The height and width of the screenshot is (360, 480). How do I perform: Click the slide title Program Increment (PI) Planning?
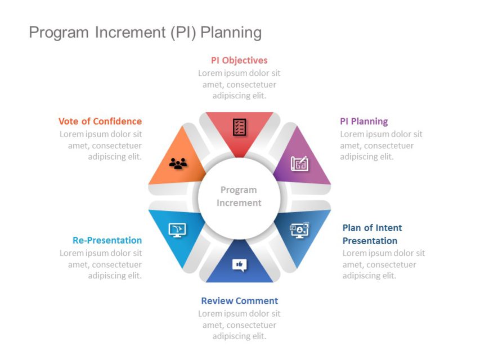point(145,33)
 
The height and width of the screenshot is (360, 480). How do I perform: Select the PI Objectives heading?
point(239,60)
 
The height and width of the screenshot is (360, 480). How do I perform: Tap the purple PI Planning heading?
point(364,121)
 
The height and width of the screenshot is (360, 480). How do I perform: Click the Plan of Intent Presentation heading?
point(372,234)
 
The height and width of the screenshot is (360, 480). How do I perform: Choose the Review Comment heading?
point(239,300)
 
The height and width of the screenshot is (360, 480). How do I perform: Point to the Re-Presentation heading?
point(107,240)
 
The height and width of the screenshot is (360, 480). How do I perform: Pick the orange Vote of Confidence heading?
point(100,121)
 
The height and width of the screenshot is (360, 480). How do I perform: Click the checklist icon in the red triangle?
point(239,127)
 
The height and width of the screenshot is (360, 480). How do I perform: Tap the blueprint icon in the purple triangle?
point(299,163)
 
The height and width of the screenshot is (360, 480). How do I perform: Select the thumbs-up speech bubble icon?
point(239,264)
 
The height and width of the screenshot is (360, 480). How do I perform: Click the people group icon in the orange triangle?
point(178,164)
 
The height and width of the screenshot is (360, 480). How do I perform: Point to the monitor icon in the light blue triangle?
point(177,229)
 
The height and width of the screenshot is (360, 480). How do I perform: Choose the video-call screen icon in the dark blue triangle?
point(299,229)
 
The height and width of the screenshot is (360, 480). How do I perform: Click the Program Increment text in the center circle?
point(239,196)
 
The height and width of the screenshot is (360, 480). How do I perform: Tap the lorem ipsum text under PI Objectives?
point(239,84)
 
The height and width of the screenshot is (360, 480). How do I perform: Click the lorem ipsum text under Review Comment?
point(239,325)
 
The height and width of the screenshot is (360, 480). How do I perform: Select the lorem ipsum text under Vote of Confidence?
point(101,145)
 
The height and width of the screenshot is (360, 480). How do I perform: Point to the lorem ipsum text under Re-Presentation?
point(101,264)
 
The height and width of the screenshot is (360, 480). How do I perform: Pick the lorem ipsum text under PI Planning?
point(381,145)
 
